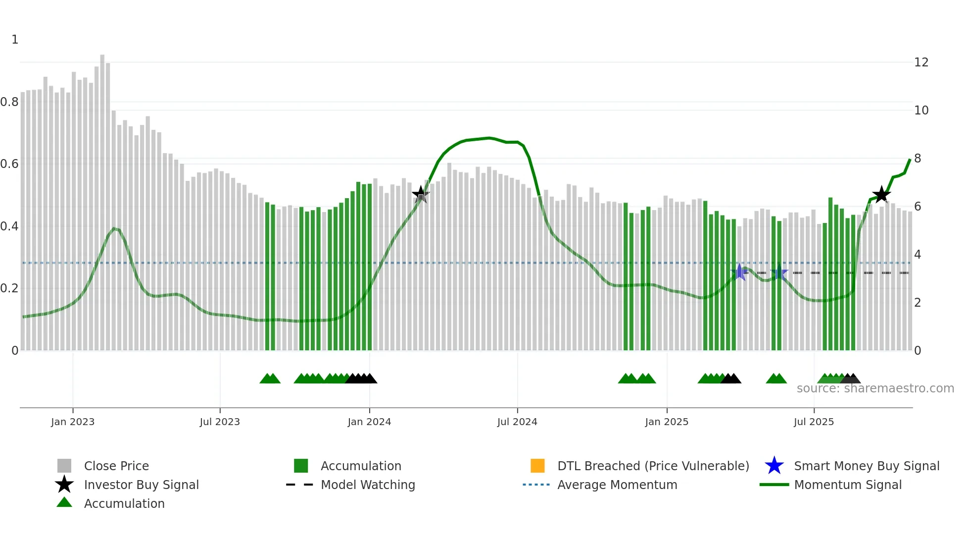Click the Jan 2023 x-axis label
[x=73, y=422]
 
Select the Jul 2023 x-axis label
[x=220, y=422]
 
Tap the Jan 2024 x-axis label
[x=369, y=422]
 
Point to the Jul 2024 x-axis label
[x=517, y=422]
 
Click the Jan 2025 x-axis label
[x=667, y=422]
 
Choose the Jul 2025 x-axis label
[x=814, y=422]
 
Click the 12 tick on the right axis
[x=921, y=62]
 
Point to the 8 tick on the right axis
[x=918, y=159]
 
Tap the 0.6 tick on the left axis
[x=9, y=164]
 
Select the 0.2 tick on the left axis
[x=9, y=288]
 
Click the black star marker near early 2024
[x=421, y=195]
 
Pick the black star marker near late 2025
[x=881, y=195]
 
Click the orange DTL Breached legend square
[x=537, y=466]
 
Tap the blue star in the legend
[x=774, y=466]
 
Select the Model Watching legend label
[x=368, y=485]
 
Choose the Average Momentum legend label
[x=617, y=485]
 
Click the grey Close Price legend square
[x=64, y=466]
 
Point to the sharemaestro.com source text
[x=875, y=388]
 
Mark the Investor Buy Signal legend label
[x=141, y=485]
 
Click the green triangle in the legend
[x=64, y=502]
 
